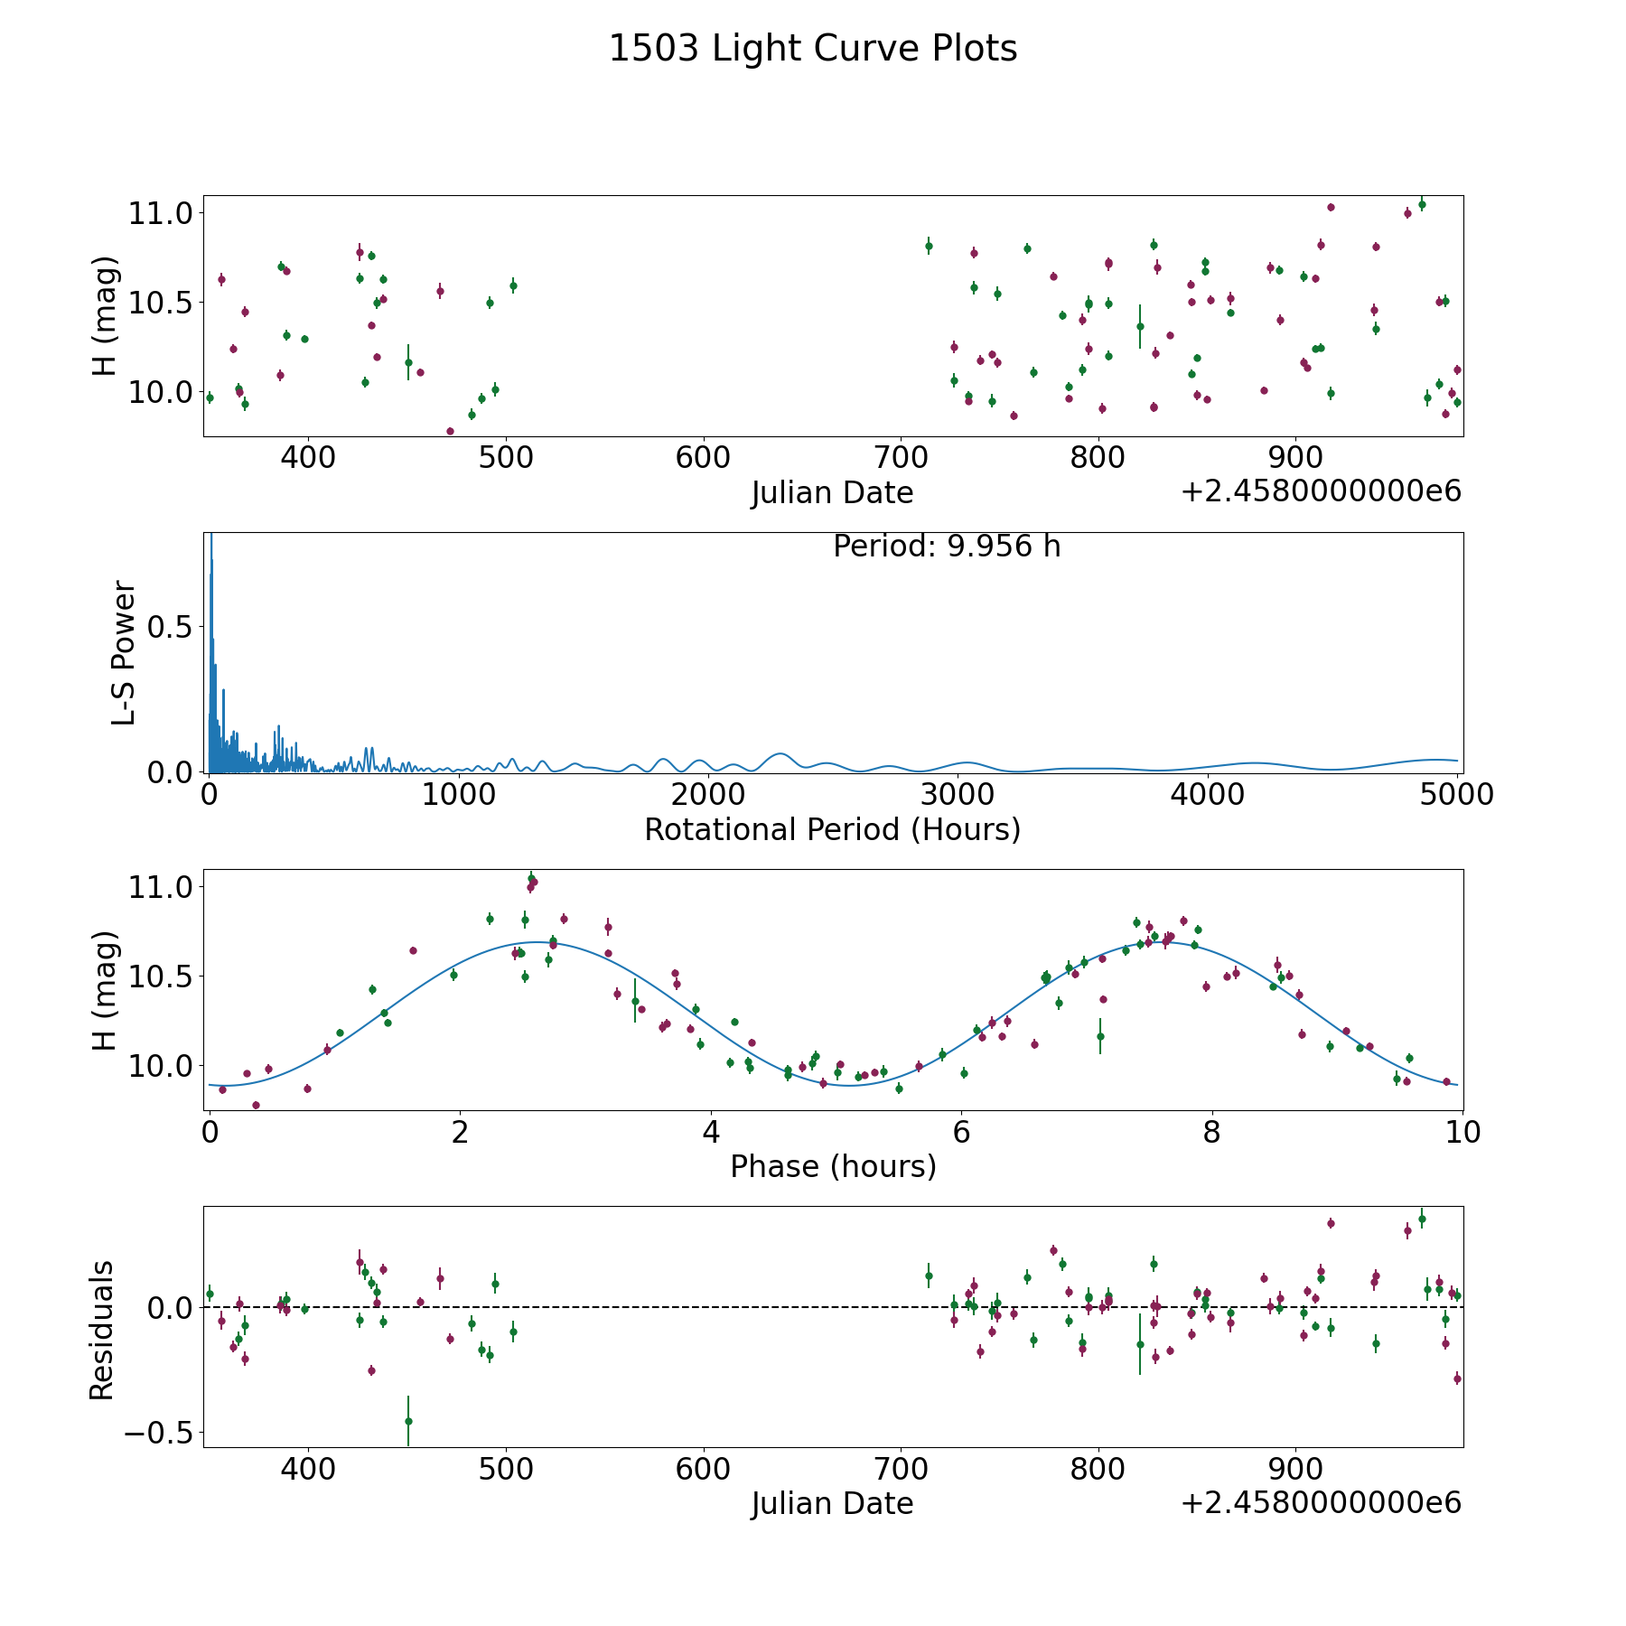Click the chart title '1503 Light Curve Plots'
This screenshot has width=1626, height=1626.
[813, 49]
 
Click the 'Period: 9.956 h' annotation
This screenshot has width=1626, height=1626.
[947, 547]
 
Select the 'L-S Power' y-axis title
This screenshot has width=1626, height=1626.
[124, 653]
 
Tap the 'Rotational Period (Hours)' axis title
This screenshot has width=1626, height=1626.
[832, 829]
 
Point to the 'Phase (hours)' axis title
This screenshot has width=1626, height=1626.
[833, 1166]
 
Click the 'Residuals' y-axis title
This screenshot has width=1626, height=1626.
[102, 1330]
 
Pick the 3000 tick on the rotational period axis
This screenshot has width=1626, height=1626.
[958, 795]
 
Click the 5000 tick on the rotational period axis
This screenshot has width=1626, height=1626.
[1457, 795]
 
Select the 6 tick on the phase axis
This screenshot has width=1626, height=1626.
[961, 1132]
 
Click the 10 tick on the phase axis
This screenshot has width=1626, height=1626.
[1463, 1132]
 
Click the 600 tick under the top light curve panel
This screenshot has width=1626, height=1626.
[703, 458]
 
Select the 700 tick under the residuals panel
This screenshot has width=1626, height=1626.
[901, 1469]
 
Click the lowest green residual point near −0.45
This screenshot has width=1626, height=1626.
[408, 1421]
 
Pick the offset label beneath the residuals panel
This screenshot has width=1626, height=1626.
[1321, 1503]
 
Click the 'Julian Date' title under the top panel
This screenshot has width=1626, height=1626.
[832, 493]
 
